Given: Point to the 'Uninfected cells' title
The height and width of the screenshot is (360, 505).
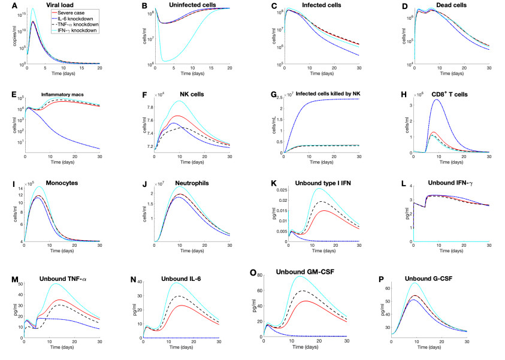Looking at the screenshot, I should click(188, 5).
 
